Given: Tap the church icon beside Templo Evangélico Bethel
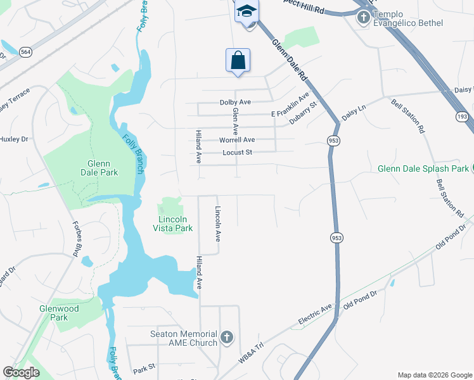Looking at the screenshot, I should coord(363,17).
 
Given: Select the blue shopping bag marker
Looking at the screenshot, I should coord(238,61).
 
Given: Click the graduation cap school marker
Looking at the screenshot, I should coord(246,11).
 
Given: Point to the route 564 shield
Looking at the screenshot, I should coord(25,52).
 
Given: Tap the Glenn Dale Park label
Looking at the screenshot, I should coord(100,167).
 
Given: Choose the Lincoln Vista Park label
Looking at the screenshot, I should coord(172,224).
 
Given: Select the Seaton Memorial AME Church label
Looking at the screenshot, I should coord(184,338).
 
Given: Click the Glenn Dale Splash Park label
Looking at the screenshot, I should coord(423,168).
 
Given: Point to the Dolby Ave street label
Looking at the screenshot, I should coord(236,102).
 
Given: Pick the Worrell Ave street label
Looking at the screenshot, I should coord(237,140).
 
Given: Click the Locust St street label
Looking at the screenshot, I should coord(237,153).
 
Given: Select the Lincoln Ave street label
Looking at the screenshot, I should coord(217,224).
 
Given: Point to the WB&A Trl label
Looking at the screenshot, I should coord(250,353).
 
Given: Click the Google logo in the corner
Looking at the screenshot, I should coord(21,372).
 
